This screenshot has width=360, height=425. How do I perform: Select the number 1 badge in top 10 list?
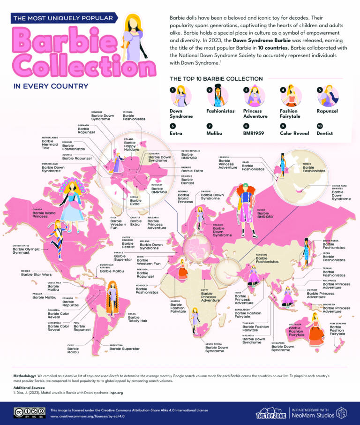tap(173, 90)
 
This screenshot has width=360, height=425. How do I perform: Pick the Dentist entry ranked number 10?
tap(324, 133)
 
